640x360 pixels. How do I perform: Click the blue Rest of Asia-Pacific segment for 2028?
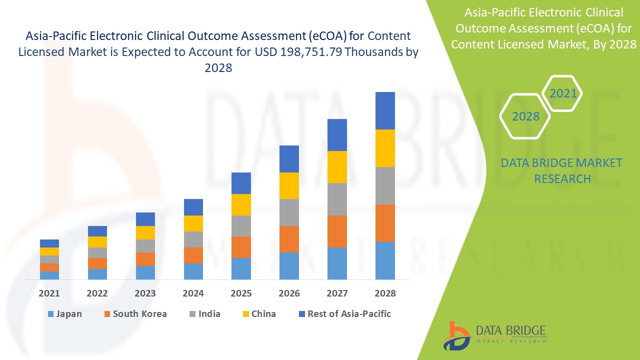click(x=385, y=110)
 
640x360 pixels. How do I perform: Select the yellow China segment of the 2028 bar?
click(x=385, y=148)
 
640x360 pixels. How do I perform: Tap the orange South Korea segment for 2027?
click(x=337, y=231)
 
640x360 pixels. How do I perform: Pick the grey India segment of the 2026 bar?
click(x=289, y=212)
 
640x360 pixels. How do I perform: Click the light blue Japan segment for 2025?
click(x=241, y=268)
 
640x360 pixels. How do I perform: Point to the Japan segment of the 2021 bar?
click(x=49, y=275)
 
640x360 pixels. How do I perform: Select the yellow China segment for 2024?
click(x=193, y=223)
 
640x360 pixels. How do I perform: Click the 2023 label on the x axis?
click(x=145, y=293)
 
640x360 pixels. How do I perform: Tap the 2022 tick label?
click(x=97, y=293)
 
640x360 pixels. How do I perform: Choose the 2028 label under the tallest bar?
click(x=385, y=293)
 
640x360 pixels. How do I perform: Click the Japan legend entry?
click(x=64, y=314)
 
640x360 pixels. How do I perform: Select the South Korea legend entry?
click(x=135, y=314)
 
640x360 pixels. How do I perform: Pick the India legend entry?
click(x=204, y=314)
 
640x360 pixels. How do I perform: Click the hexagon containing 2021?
click(x=562, y=93)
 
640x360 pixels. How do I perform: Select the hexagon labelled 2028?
click(x=525, y=116)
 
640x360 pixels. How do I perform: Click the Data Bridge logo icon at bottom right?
click(x=456, y=335)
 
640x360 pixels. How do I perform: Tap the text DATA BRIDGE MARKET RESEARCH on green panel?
click(x=562, y=170)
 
